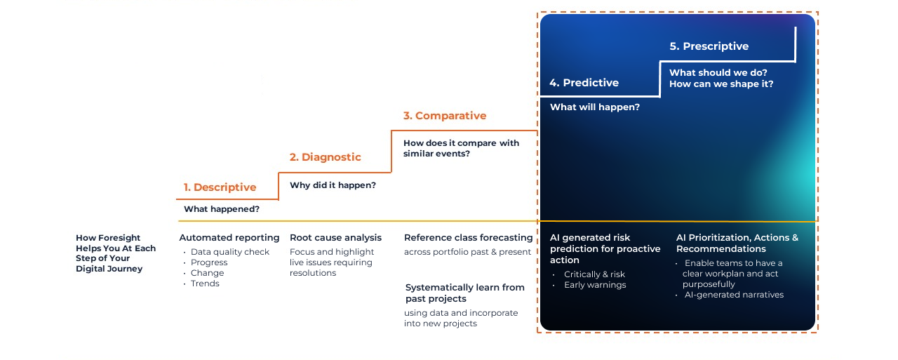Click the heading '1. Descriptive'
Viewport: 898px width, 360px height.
click(x=220, y=187)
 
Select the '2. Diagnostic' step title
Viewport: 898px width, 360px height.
click(x=325, y=157)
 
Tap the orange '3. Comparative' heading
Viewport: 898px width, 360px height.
click(x=444, y=116)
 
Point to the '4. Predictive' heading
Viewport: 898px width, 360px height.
click(x=584, y=83)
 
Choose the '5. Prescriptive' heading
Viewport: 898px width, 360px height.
click(x=709, y=46)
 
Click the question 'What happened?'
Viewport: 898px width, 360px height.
click(x=221, y=209)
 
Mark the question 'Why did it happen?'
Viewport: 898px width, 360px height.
click(x=333, y=185)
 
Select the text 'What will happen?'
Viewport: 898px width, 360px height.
click(x=594, y=107)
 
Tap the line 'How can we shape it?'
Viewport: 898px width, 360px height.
click(x=721, y=84)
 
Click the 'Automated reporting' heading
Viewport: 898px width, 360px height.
click(x=229, y=238)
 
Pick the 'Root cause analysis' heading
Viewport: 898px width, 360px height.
click(x=335, y=238)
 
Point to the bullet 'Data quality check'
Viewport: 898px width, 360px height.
click(x=230, y=252)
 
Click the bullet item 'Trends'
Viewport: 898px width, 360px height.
click(x=205, y=284)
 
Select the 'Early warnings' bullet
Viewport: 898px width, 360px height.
click(x=595, y=285)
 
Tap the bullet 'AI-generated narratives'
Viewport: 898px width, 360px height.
click(x=734, y=295)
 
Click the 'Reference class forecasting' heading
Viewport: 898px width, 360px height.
click(x=468, y=238)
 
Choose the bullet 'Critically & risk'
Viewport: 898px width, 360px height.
click(x=594, y=274)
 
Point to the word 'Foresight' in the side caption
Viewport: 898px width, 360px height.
click(x=119, y=238)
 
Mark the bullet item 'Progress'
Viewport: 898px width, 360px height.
click(x=209, y=262)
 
